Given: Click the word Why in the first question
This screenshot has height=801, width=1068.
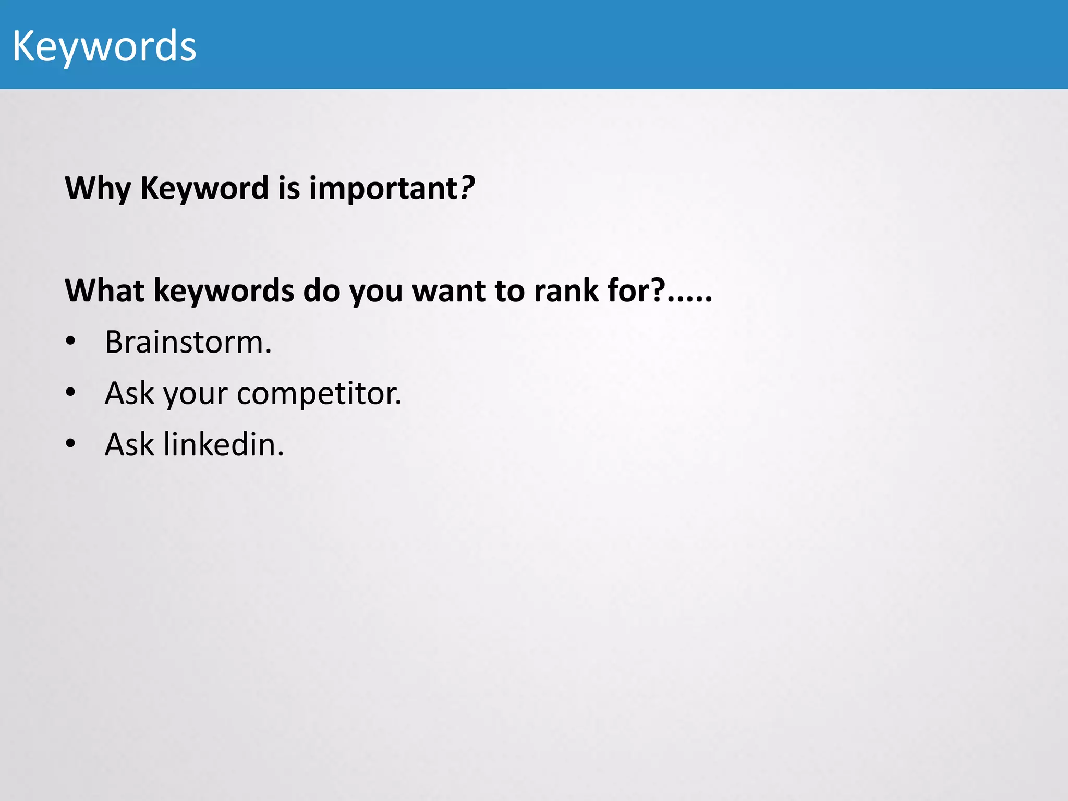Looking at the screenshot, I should (x=98, y=188).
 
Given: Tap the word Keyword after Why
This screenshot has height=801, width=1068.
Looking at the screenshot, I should (x=204, y=188).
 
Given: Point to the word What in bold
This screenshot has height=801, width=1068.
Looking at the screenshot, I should (x=104, y=290).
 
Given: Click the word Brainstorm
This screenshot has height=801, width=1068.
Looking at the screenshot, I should (x=188, y=343).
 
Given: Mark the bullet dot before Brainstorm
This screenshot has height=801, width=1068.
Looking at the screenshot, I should (x=70, y=342).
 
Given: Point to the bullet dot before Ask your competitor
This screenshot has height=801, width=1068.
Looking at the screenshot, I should (x=70, y=393).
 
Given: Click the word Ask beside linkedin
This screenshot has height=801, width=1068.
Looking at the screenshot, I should (x=129, y=445).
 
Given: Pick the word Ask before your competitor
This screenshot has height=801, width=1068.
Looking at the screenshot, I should (x=129, y=394).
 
